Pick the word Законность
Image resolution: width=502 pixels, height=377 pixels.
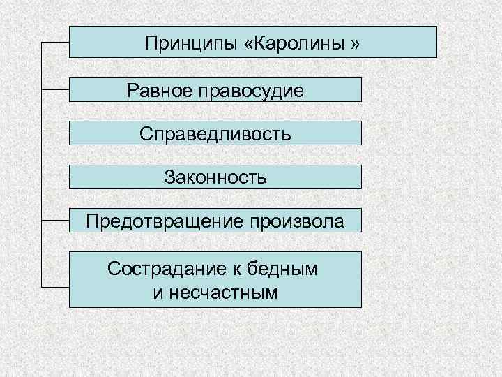coord(215,177)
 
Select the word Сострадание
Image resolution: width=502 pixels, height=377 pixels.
coord(161,269)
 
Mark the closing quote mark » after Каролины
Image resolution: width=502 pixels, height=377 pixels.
coord(355,44)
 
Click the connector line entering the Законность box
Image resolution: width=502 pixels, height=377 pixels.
coord(56,177)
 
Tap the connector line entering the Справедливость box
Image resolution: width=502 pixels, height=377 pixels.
coord(56,133)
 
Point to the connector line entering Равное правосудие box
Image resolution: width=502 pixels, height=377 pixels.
coord(56,89)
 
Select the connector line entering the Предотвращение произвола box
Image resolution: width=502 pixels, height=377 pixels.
coord(56,221)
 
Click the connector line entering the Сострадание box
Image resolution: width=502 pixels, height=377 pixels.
coord(56,286)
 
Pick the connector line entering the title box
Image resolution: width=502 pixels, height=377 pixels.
coord(56,42)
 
